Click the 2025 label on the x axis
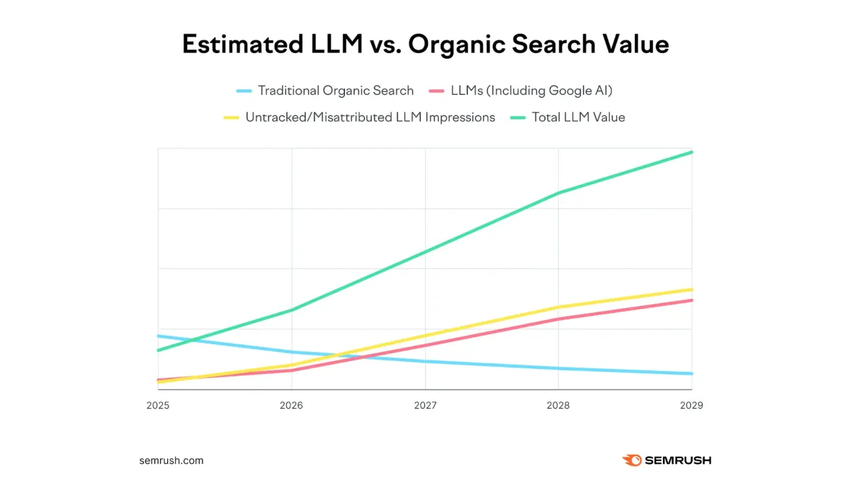click(158, 405)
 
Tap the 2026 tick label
click(291, 405)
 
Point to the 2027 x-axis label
click(425, 405)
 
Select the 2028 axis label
click(558, 405)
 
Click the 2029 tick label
click(691, 405)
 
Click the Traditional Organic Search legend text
click(336, 91)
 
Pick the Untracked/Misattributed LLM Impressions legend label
click(370, 118)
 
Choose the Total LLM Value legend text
click(579, 118)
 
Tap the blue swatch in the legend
click(244, 91)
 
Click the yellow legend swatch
click(231, 118)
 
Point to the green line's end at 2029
click(691, 152)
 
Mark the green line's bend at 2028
click(558, 193)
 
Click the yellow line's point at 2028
click(558, 307)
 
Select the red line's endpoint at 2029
click(691, 300)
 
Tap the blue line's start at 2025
click(159, 336)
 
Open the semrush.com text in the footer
click(171, 460)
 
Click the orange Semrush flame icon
click(632, 460)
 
